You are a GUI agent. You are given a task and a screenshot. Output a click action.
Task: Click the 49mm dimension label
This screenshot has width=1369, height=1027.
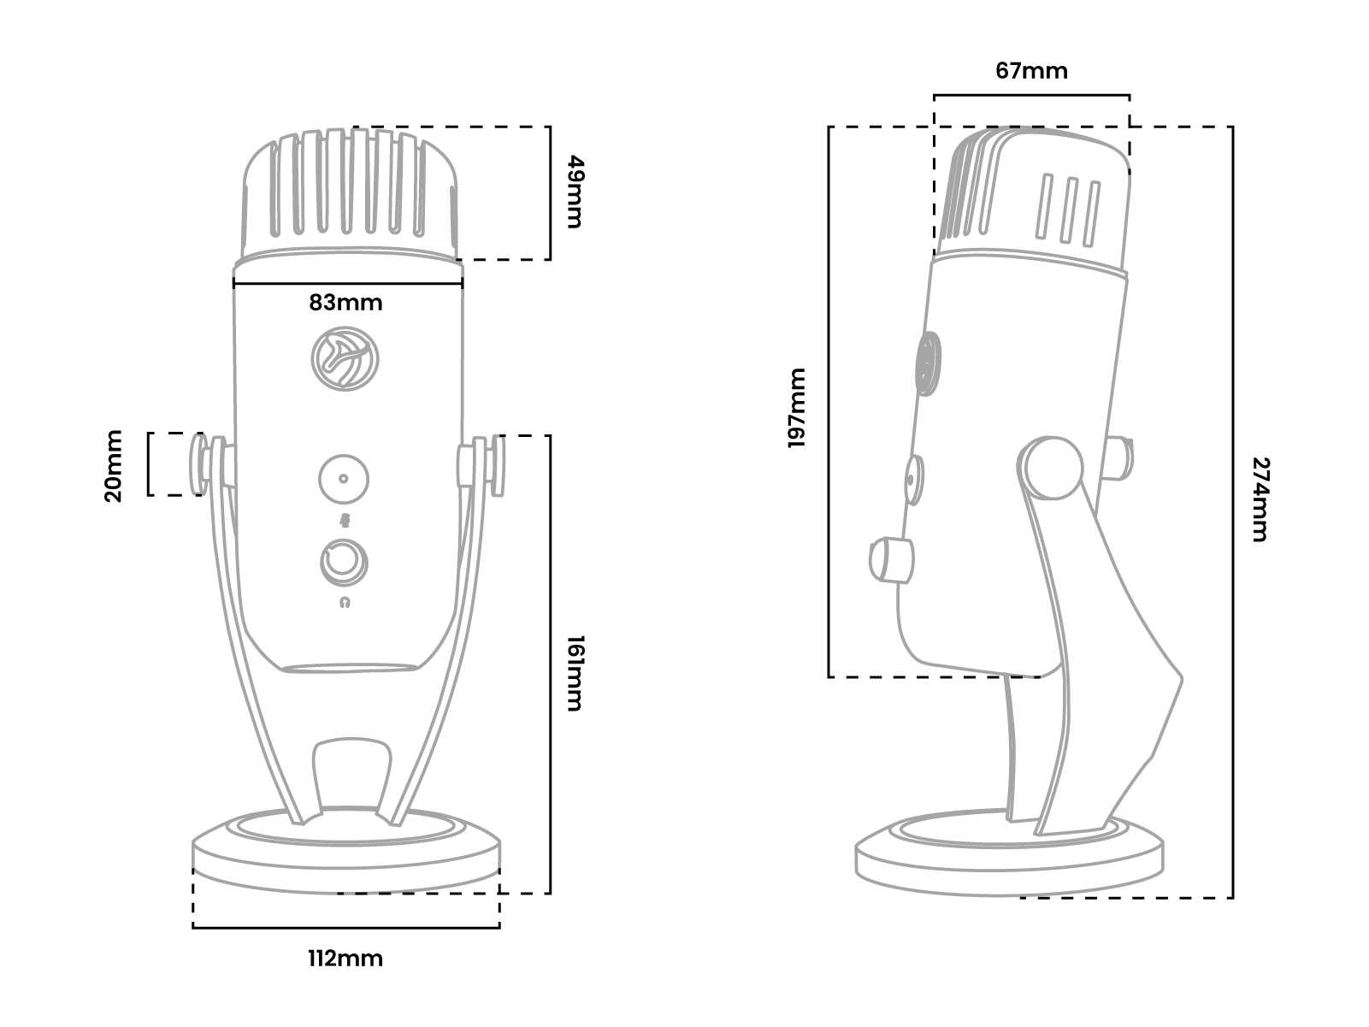pos(574,192)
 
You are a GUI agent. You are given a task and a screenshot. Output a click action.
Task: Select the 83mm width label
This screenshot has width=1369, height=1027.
pos(345,303)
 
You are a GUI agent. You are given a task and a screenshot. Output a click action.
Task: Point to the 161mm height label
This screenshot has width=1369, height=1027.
pos(574,673)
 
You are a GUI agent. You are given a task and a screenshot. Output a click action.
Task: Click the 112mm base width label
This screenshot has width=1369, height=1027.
pos(345,959)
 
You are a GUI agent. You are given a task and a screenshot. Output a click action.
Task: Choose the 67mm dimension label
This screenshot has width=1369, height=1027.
pos(1031,71)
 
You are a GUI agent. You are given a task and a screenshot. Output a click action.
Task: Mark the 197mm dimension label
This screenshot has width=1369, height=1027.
pos(796,409)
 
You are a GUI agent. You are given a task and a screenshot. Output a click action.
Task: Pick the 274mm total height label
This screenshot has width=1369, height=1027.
pos(1260,499)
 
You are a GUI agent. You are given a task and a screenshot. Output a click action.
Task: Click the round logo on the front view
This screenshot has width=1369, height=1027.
pos(343,359)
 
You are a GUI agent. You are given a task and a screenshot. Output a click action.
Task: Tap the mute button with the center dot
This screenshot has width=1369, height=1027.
pos(343,479)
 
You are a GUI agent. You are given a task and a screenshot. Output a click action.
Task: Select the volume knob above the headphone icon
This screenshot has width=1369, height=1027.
pos(344,562)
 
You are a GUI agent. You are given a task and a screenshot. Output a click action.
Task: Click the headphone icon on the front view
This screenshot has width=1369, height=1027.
pos(345,603)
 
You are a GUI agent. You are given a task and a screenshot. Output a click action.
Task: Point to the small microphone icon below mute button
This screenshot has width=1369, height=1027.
pos(345,521)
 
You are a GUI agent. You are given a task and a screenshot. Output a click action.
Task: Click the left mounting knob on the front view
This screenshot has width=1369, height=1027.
pos(205,466)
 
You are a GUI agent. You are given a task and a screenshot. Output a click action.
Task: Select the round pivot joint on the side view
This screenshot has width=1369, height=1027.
pos(1051,468)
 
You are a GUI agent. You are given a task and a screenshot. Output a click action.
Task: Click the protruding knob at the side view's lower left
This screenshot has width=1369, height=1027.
pos(889,560)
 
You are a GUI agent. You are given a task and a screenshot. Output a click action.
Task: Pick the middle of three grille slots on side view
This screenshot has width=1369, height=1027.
pos(1067,209)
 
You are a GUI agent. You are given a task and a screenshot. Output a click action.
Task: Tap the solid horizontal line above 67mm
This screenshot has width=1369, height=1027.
pos(1031,95)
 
